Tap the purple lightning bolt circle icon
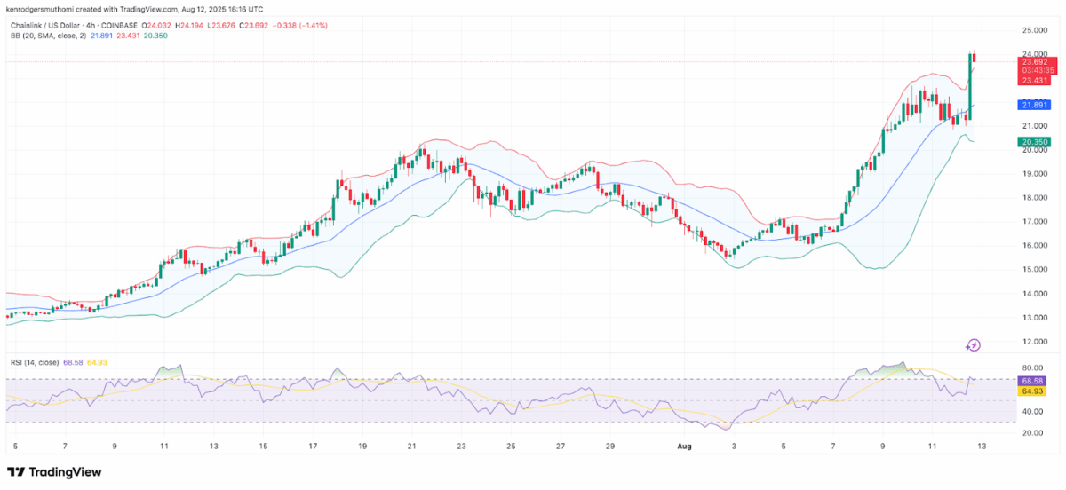coord(974,344)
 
